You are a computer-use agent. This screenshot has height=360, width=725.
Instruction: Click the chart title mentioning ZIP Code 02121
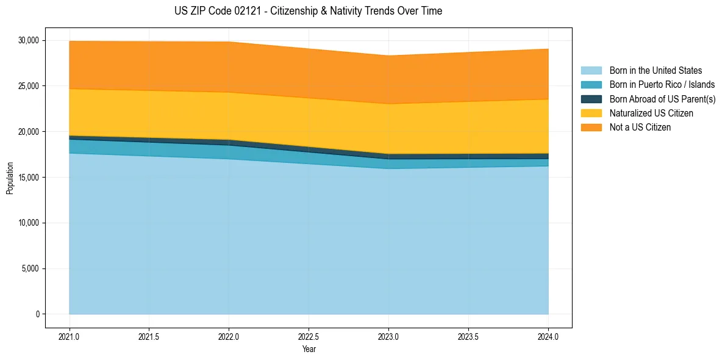point(308,11)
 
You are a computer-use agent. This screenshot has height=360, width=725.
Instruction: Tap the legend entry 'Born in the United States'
point(655,71)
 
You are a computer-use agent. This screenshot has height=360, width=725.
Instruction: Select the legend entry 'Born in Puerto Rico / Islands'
point(662,85)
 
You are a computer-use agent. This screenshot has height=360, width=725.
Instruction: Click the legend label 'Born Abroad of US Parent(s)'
point(662,99)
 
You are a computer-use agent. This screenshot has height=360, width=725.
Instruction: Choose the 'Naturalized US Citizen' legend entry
point(651,113)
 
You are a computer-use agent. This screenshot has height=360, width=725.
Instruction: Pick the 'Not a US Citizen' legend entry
point(640,128)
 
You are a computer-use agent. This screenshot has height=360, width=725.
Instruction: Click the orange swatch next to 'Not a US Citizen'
point(591,128)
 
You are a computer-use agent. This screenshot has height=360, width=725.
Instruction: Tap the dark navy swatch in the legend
point(591,99)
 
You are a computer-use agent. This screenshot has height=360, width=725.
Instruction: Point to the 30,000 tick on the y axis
point(28,40)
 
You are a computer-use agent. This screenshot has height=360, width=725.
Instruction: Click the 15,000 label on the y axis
point(28,178)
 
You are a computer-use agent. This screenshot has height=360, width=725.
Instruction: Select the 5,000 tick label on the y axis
point(30,268)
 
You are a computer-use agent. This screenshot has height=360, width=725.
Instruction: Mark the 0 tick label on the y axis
point(37,314)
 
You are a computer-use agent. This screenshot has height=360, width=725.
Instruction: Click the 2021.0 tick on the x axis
point(69,336)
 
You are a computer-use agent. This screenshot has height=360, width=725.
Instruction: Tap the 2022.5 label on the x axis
point(309,336)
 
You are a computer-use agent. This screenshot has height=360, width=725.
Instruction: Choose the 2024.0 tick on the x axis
point(548,336)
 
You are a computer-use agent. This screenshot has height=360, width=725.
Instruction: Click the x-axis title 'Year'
point(309,350)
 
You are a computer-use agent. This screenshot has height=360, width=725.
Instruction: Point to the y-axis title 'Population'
point(10,178)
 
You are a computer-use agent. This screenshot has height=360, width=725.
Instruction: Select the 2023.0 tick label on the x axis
point(388,336)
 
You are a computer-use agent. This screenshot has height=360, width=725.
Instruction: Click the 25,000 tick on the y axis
point(28,86)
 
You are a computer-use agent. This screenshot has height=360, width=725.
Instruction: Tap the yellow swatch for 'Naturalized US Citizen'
point(591,113)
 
